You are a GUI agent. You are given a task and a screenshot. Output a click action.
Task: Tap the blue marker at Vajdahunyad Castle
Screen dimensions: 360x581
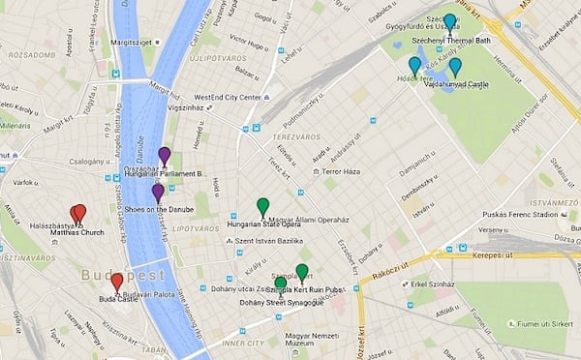tap(455, 67)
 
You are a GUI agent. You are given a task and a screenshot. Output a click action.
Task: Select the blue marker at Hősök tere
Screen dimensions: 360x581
tap(414, 65)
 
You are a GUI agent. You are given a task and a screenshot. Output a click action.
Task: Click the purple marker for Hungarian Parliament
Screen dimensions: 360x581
tap(165, 155)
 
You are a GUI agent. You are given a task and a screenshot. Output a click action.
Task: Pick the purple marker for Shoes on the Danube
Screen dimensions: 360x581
tap(158, 192)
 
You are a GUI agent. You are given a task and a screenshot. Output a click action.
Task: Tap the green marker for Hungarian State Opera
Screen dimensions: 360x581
tap(262, 206)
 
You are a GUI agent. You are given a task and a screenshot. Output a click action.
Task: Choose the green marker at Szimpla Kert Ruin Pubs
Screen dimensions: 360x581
tap(302, 272)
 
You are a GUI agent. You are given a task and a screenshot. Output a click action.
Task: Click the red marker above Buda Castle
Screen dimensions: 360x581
tap(117, 282)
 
